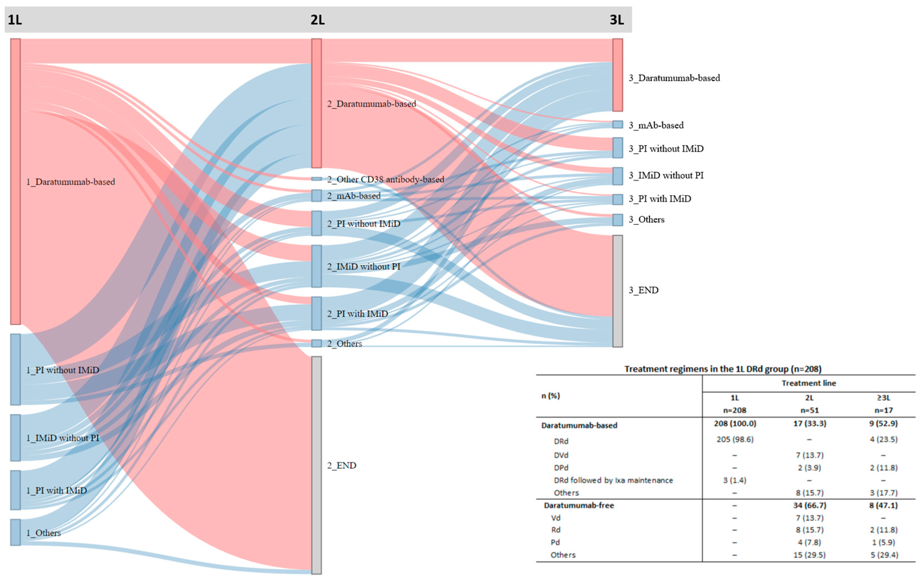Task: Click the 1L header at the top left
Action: coord(15,19)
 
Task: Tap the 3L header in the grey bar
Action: coord(617,19)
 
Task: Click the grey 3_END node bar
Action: coord(618,291)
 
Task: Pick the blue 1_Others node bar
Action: coord(15,532)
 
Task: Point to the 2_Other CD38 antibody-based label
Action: coord(386,179)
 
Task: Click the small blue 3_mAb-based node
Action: coord(618,124)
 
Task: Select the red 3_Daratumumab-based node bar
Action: coord(618,75)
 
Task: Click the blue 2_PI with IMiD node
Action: coord(316,313)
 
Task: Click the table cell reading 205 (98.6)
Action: coord(735,439)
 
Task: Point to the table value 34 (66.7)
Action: coord(809,505)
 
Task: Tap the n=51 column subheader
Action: coord(809,410)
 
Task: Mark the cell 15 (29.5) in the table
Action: coord(809,555)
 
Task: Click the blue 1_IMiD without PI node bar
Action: coord(15,438)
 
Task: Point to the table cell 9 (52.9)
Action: coord(883,423)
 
